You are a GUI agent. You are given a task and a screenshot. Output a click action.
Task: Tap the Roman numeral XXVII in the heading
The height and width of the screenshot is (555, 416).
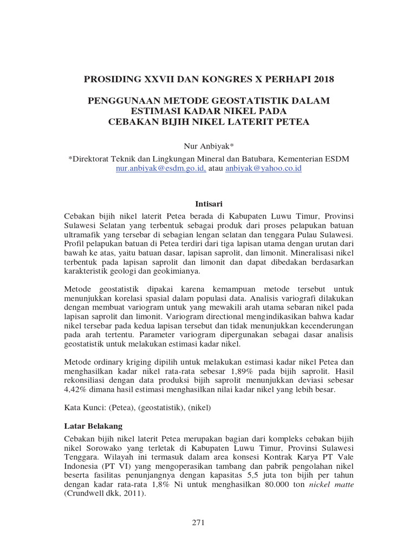[x=157, y=80]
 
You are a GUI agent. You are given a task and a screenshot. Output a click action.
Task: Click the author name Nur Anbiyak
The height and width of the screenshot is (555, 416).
[x=208, y=146]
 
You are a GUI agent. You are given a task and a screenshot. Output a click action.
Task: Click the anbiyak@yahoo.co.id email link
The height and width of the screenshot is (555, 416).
[x=264, y=169]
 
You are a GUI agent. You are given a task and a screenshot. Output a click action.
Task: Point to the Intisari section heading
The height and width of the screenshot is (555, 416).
[x=208, y=204]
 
